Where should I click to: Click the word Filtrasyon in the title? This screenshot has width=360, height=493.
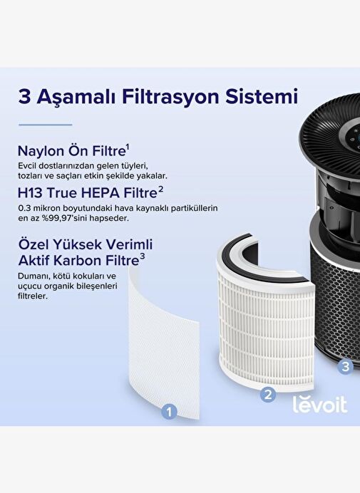171,97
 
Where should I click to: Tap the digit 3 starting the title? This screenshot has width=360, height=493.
24,96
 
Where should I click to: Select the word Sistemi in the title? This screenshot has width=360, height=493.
261,96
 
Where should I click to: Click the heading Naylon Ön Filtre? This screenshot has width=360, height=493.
71,151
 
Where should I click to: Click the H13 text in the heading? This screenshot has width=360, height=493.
30,193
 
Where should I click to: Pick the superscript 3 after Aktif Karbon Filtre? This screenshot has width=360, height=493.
143,257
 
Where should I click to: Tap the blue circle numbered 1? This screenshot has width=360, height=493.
169,412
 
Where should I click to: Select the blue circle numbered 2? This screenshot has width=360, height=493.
268,394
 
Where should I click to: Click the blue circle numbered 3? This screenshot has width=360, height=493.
346,366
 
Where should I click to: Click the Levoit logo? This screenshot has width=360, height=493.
320,404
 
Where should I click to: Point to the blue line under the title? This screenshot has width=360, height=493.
46,125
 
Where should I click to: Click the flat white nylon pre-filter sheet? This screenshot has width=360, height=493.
164,343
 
